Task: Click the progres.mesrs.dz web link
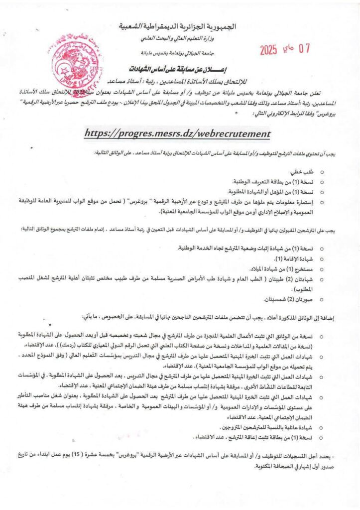[x=177, y=133]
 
